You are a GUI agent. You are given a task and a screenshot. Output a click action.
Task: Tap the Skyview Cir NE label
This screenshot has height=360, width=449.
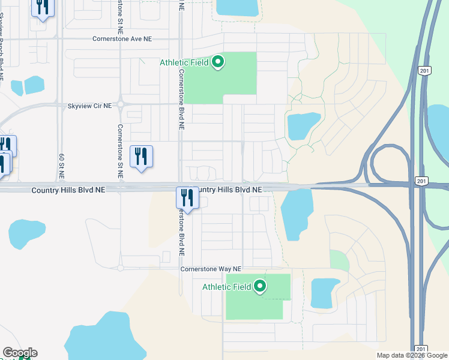pyautogui.click(x=90, y=106)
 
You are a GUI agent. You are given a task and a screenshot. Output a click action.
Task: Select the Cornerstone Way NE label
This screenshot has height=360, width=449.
pyautogui.click(x=211, y=269)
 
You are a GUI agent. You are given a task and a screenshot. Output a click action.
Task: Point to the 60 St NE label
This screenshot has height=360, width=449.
pyautogui.click(x=61, y=166)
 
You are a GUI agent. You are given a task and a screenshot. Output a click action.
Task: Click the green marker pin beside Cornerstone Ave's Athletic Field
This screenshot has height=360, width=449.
pyautogui.click(x=218, y=62)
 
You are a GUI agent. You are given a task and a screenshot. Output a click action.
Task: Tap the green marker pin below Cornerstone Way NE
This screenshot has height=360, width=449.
pyautogui.click(x=260, y=286)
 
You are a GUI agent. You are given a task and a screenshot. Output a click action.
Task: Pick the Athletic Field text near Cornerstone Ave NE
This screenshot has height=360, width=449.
pyautogui.click(x=184, y=62)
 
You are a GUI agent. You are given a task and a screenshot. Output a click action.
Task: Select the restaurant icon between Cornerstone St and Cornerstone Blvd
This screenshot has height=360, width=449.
pyautogui.click(x=141, y=156)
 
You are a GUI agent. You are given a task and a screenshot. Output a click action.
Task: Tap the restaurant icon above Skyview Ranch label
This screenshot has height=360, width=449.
pyautogui.click(x=43, y=7)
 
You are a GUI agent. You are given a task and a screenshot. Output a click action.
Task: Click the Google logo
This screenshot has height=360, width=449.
pyautogui.click(x=20, y=353)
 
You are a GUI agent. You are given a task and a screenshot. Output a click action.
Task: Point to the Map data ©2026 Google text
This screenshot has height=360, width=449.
pyautogui.click(x=411, y=355)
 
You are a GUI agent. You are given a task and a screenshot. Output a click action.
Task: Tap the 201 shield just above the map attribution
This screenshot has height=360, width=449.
pyautogui.click(x=421, y=349)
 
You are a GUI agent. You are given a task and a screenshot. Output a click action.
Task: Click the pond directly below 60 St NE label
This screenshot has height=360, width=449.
pyautogui.click(x=26, y=234)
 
